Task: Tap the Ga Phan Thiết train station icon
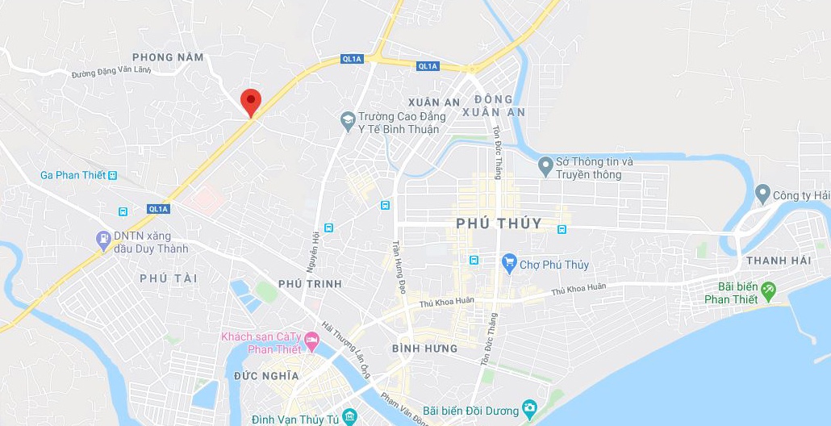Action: pyautogui.click(x=112, y=175)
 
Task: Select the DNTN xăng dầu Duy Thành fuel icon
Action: pyautogui.click(x=103, y=239)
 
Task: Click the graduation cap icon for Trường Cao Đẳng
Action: pyautogui.click(x=348, y=120)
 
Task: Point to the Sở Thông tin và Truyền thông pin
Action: pyautogui.click(x=545, y=167)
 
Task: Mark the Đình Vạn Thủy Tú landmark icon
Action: pyautogui.click(x=349, y=416)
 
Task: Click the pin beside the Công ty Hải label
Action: pyautogui.click(x=762, y=194)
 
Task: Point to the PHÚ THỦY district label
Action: pyautogui.click(x=499, y=223)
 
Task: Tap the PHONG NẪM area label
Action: pyautogui.click(x=168, y=57)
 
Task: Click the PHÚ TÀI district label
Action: pyautogui.click(x=168, y=278)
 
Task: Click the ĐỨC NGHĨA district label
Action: pyautogui.click(x=266, y=376)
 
